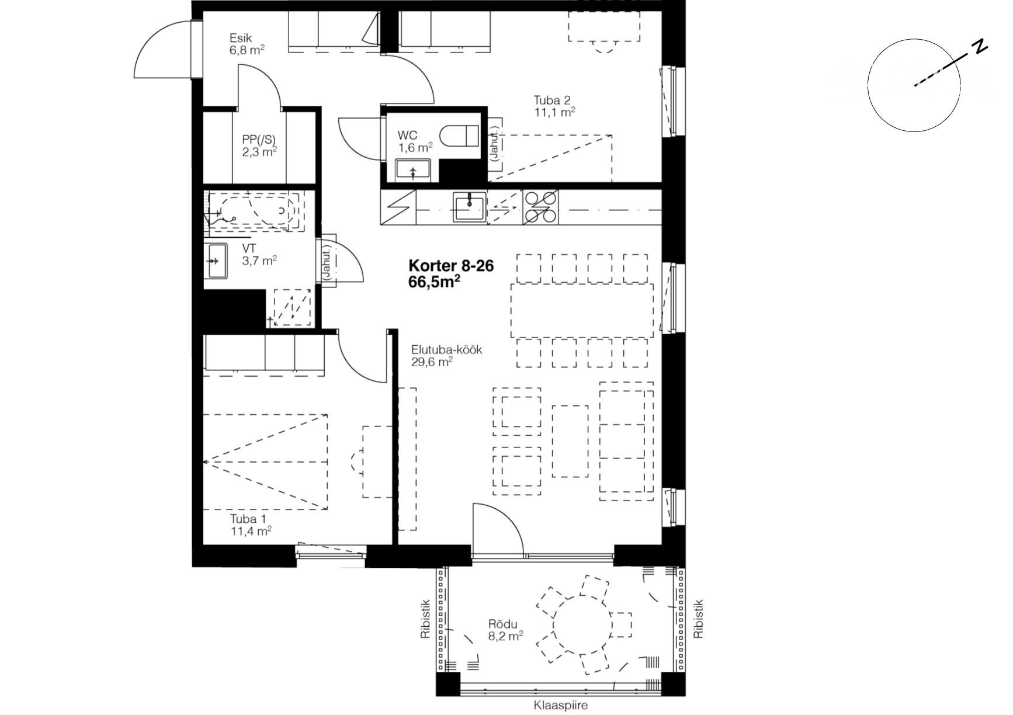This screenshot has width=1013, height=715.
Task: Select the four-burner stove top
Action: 540,207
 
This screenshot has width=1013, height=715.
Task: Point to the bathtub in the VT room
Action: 252,210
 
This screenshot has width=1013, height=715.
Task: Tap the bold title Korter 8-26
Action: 451,266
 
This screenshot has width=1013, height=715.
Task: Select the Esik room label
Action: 240,39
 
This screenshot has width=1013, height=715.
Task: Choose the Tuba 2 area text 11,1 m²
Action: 554,112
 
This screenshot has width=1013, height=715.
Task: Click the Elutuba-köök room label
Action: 446,350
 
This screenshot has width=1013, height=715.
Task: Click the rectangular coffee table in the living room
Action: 570,441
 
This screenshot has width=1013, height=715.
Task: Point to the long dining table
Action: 582,310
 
